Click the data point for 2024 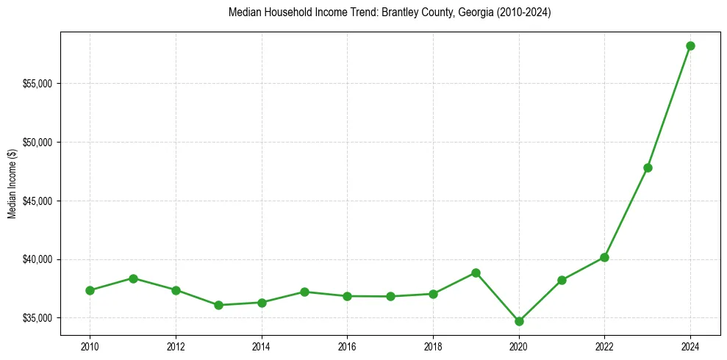click(x=690, y=46)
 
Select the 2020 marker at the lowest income click(x=519, y=321)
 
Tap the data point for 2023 click(x=648, y=168)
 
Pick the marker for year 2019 click(x=476, y=273)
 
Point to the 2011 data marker click(x=133, y=278)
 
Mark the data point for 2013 click(x=218, y=305)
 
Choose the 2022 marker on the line click(x=604, y=257)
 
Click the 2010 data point click(x=90, y=290)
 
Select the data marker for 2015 click(x=304, y=292)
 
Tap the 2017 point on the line click(x=390, y=296)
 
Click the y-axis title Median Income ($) click(x=12, y=184)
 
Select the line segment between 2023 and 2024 click(x=669, y=107)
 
